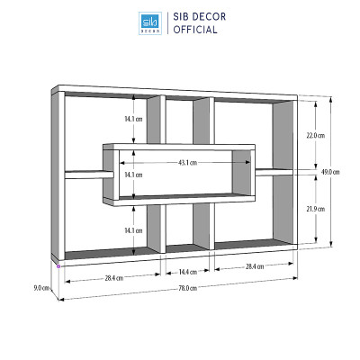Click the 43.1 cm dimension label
pos(188,163)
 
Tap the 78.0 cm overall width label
pos(188,288)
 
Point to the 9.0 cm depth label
pos(41,288)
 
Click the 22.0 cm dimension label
pos(316,136)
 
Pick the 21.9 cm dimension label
pos(316,209)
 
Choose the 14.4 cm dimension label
pos(188,272)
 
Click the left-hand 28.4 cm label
pos(114,278)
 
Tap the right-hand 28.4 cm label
pos(255,266)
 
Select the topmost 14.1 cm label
pos(133,119)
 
